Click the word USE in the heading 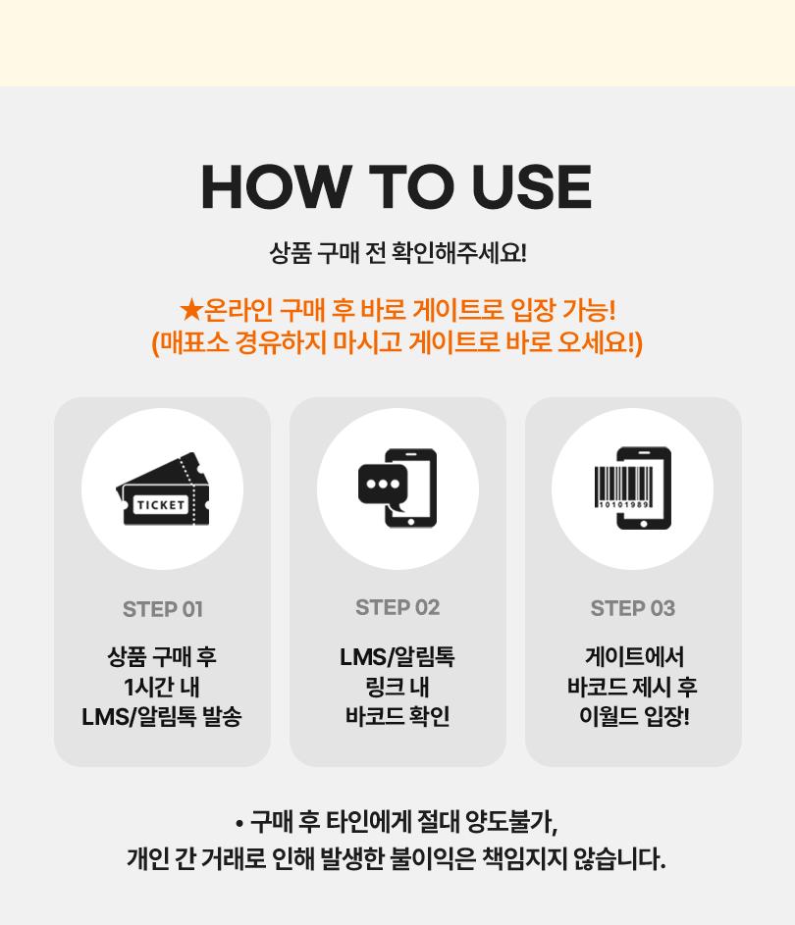(532, 186)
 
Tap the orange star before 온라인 (191, 309)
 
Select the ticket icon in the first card (163, 488)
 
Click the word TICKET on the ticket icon (161, 505)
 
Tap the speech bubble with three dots (383, 488)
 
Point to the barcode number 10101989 (624, 504)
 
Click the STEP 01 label (163, 609)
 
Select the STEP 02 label (397, 607)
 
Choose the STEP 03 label (633, 608)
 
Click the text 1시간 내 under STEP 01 (162, 687)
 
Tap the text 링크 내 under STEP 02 (397, 687)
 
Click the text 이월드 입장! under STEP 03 (634, 716)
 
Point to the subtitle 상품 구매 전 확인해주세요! (397, 253)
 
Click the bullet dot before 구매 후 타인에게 (239, 823)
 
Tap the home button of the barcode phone (644, 524)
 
